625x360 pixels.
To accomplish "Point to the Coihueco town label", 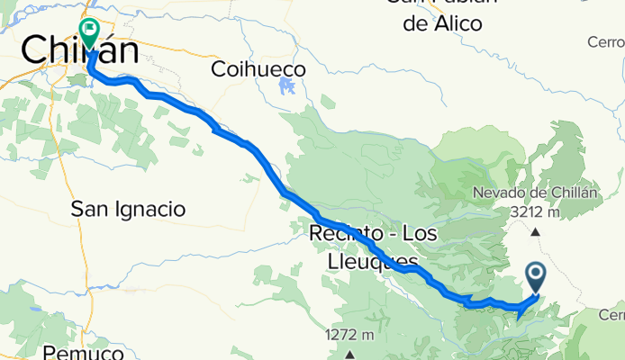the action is click(x=258, y=68).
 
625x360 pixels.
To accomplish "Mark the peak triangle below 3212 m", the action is click(x=537, y=232).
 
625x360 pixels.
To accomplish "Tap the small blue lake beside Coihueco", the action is click(x=287, y=87).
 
